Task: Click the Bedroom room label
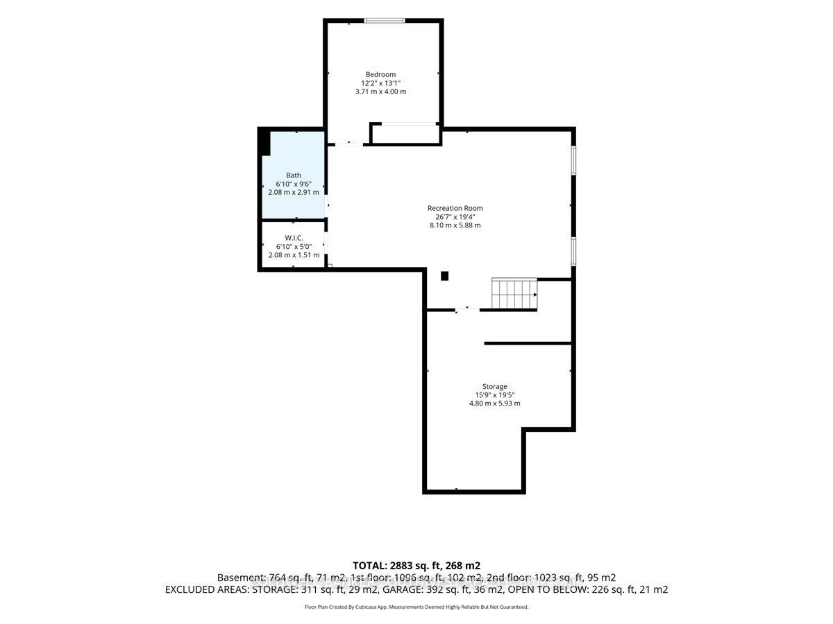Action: click(x=380, y=75)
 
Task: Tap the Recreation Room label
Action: click(x=455, y=208)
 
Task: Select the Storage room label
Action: click(x=494, y=386)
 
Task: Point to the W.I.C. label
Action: click(x=294, y=238)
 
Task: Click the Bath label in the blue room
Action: click(x=294, y=175)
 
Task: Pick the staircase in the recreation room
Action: click(x=514, y=294)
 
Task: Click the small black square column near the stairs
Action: click(x=444, y=276)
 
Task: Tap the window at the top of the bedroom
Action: click(x=384, y=21)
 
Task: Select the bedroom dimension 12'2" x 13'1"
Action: click(x=380, y=83)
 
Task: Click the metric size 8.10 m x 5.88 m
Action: click(x=455, y=225)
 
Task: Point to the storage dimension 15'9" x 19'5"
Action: click(x=494, y=395)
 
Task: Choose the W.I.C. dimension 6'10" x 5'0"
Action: click(x=294, y=246)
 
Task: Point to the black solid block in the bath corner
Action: click(x=264, y=141)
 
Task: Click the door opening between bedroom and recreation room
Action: click(x=349, y=144)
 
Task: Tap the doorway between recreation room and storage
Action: click(x=467, y=310)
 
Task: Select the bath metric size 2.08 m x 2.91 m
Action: click(x=294, y=192)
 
